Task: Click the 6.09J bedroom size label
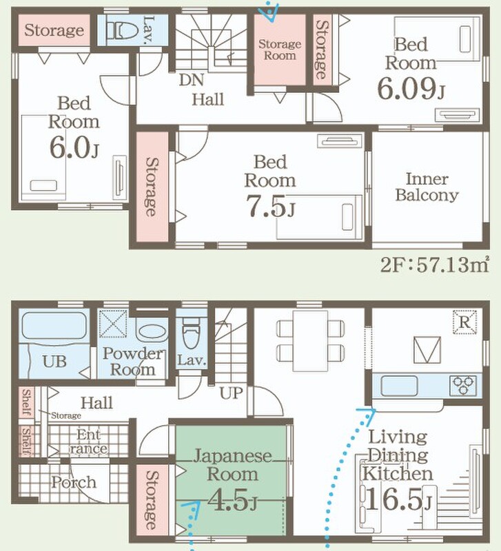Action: click(x=411, y=88)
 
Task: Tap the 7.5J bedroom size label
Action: click(x=271, y=206)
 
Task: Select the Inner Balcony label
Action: click(x=427, y=187)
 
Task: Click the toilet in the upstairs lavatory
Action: click(x=123, y=30)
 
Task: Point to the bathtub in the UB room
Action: click(x=54, y=326)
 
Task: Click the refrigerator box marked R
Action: click(x=464, y=322)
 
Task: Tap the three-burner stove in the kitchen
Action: click(x=463, y=386)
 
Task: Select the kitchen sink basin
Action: click(x=400, y=386)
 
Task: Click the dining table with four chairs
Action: click(x=310, y=341)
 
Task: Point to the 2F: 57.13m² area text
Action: click(x=435, y=264)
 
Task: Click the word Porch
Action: click(x=74, y=483)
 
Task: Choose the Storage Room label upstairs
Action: click(x=280, y=50)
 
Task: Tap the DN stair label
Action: click(x=192, y=80)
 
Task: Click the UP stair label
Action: click(x=231, y=393)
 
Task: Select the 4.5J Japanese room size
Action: click(x=232, y=499)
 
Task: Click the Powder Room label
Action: click(x=133, y=362)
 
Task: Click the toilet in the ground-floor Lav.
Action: click(x=192, y=333)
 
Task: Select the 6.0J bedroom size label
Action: click(x=74, y=147)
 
